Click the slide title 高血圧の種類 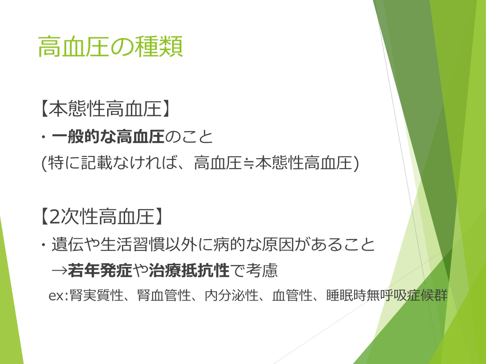point(110,46)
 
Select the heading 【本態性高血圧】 point(105,109)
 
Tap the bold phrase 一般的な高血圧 point(108,136)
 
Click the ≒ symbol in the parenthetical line point(248,163)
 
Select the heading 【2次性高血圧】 point(101,216)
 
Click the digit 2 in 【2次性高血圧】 point(54,217)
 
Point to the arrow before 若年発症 point(59,271)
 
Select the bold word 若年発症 point(100,271)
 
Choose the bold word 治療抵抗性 point(189,271)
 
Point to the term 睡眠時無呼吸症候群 point(387,295)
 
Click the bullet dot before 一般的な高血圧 point(44,137)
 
